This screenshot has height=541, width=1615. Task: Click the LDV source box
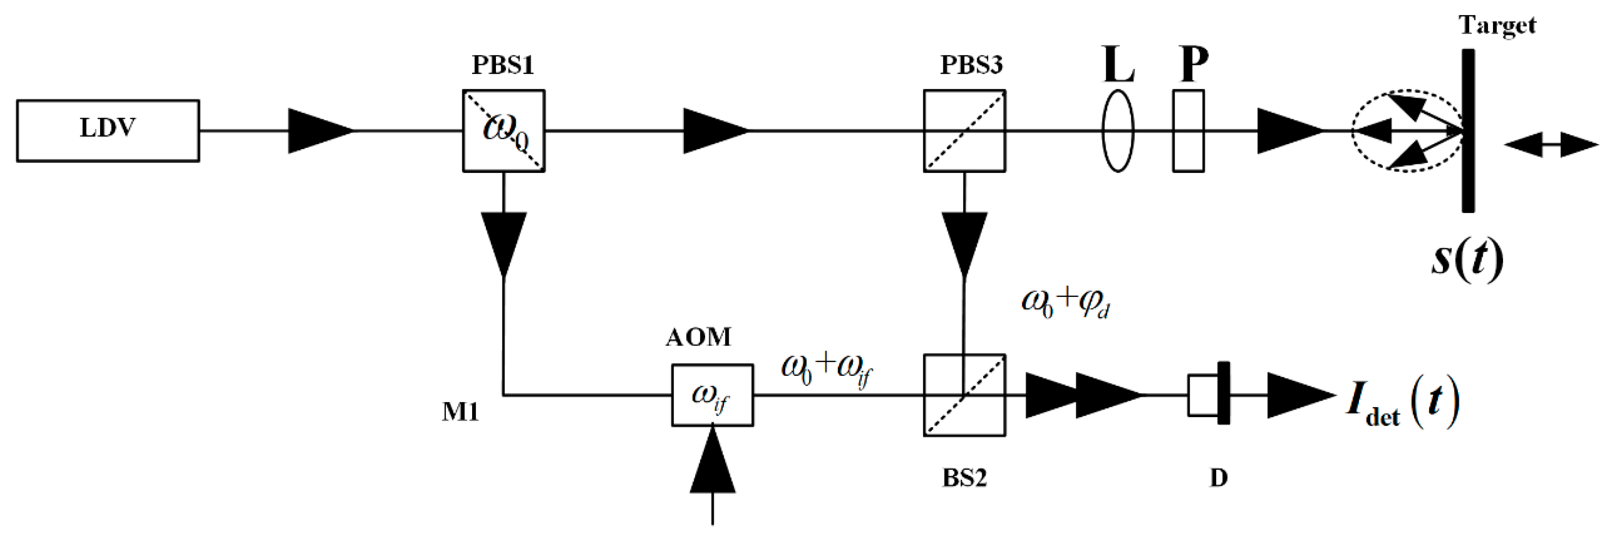point(108,130)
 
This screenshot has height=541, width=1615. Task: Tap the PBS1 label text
point(502,65)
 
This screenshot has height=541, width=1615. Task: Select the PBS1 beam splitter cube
point(503,130)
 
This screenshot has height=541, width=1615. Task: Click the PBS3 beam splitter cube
point(964,130)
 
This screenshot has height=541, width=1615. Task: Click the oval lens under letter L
point(1118,130)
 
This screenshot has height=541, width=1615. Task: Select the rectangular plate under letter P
point(1188,130)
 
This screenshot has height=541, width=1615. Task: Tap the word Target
point(1497,25)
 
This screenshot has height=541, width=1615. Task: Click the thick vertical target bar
point(1468,130)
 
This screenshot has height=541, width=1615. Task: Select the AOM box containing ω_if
point(712,395)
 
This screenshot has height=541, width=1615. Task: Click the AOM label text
point(698,337)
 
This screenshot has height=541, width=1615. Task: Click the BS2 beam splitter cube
point(964,395)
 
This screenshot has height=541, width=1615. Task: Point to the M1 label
point(460,413)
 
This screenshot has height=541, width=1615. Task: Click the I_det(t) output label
point(1402,406)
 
